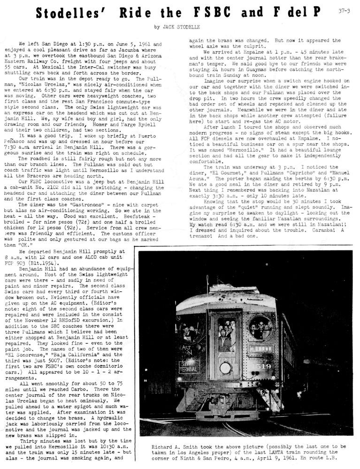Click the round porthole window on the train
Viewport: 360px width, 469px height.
[x=260, y=327]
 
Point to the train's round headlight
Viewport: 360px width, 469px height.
[x=225, y=367]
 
